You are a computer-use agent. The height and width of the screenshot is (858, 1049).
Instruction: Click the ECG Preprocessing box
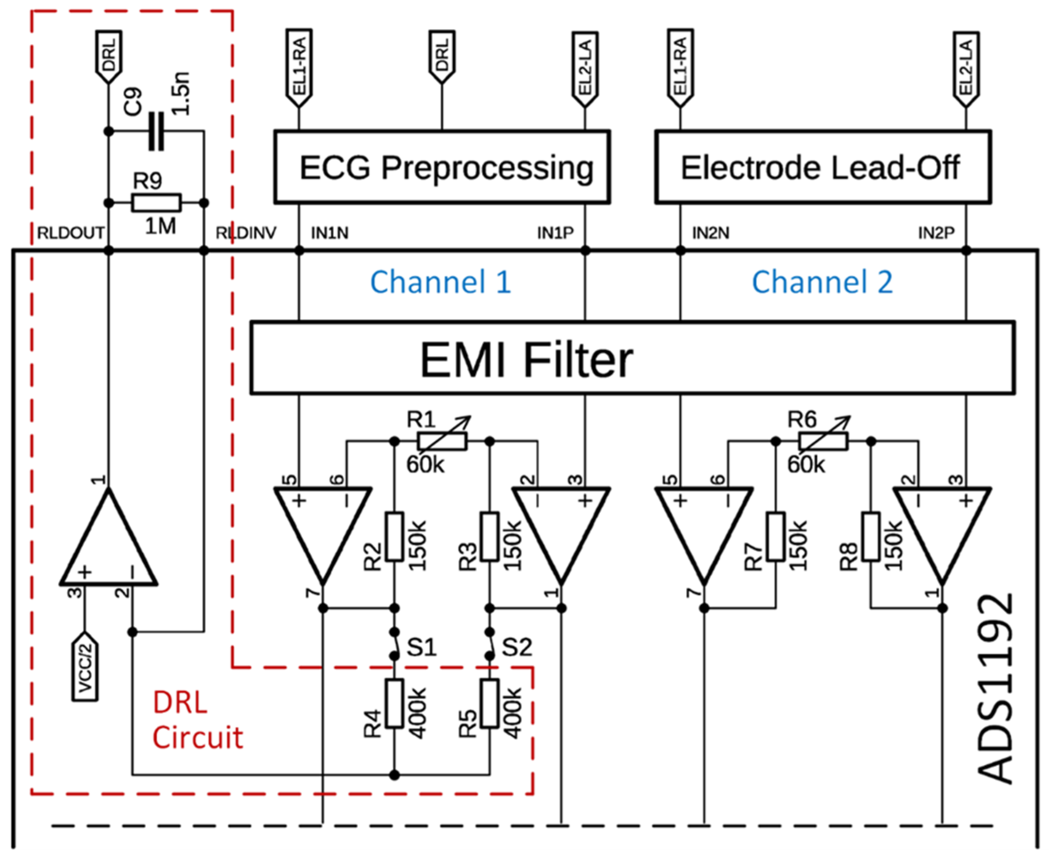[x=442, y=167]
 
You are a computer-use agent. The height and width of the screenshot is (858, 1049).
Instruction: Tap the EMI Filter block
[x=633, y=358]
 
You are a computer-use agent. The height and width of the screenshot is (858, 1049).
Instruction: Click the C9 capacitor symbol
[x=156, y=131]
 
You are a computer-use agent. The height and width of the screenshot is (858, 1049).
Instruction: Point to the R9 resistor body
[x=156, y=203]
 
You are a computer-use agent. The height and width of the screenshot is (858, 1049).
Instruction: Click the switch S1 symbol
[x=394, y=644]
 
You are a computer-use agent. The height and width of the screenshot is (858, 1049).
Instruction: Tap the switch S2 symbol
[x=490, y=644]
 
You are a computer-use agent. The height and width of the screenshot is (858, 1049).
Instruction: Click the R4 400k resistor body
[x=394, y=703]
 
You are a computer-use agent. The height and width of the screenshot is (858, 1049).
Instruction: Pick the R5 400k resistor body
[x=490, y=703]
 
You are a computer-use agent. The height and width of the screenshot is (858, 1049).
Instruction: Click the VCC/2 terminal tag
[x=85, y=666]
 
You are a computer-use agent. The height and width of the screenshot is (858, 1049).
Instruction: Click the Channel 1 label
[x=440, y=282]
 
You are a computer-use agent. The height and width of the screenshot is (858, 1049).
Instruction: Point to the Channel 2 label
[x=822, y=282]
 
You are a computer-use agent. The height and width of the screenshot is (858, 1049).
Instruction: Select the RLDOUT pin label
[x=71, y=233]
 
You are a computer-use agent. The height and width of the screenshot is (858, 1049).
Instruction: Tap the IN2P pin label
[x=936, y=233]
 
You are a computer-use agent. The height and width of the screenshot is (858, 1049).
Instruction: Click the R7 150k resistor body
[x=776, y=537]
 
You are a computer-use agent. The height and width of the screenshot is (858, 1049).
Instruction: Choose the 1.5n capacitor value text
[x=181, y=94]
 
